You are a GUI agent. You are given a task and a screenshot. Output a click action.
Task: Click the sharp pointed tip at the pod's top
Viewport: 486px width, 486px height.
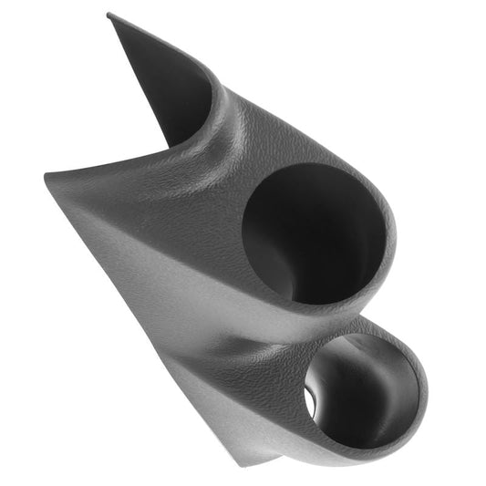click(x=109, y=15)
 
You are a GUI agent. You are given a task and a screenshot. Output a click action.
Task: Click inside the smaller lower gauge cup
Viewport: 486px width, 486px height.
click(x=360, y=388)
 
